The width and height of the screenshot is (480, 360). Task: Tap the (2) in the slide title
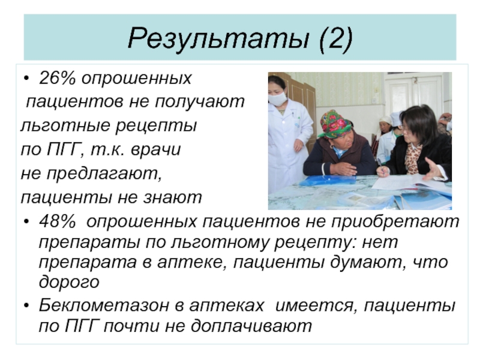[x=336, y=38]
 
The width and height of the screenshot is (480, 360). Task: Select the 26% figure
[x=57, y=78]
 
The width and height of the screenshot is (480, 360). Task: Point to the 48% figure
[x=57, y=221]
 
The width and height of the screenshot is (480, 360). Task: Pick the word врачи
[x=155, y=150]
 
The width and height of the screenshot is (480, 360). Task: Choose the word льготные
[x=67, y=126]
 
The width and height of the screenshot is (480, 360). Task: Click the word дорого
[x=69, y=282]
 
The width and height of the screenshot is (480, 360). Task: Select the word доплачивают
[x=251, y=326]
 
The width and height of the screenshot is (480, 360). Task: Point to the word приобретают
[x=395, y=221]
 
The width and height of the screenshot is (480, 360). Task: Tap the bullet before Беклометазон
[x=26, y=306]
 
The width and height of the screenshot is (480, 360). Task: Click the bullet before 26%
[x=26, y=79]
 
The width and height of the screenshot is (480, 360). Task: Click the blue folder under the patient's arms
[x=327, y=181]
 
